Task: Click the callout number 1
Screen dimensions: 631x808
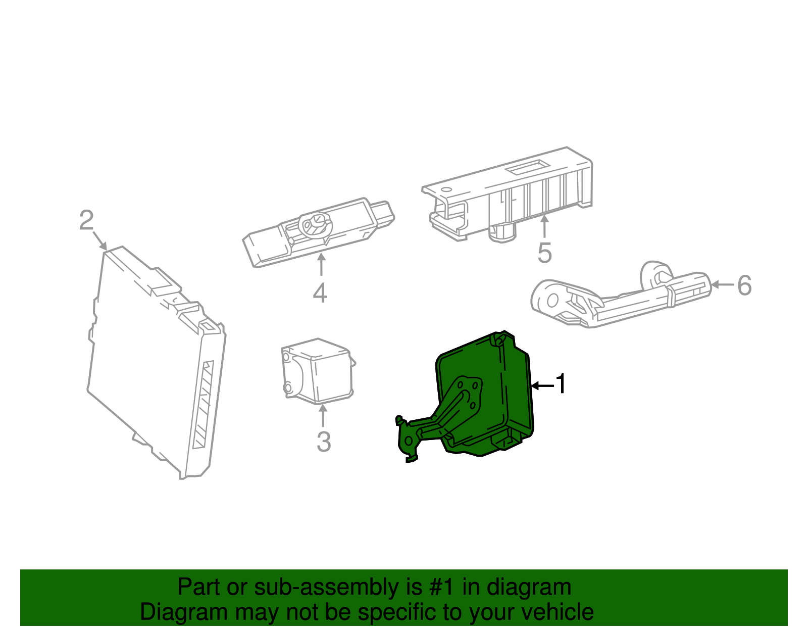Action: coord(561,384)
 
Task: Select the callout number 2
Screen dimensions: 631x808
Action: coord(86,221)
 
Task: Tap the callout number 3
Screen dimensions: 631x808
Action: coord(324,442)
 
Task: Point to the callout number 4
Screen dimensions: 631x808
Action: coord(320,293)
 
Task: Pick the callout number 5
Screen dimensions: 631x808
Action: coord(544,253)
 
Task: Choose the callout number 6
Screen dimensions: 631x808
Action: coord(744,285)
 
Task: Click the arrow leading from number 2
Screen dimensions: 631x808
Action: coord(99,240)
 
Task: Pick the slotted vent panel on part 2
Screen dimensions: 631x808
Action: coord(203,404)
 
